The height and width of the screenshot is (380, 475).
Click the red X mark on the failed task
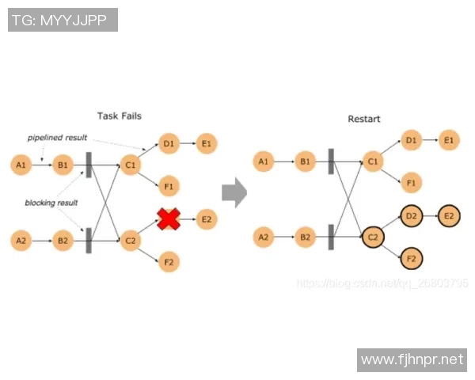pos(168,219)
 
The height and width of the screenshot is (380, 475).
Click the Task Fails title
pos(120,116)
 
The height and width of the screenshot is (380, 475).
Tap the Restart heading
pos(364,119)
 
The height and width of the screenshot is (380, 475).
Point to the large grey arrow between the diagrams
pos(234,191)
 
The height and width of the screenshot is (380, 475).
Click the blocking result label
pos(51,203)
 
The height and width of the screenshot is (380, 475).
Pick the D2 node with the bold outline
pos(411,215)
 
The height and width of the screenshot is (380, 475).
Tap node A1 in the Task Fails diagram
pos(21,165)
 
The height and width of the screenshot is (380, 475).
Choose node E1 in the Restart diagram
pos(449,140)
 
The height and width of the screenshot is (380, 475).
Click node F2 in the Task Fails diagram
pos(168,261)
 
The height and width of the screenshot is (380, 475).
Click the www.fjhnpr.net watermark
pos(412,360)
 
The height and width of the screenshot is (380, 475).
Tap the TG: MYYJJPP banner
pos(63,20)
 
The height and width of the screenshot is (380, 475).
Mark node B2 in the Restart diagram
pos(306,236)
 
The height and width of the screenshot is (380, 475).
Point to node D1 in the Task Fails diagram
pos(168,143)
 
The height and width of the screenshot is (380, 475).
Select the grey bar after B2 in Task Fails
pos(89,240)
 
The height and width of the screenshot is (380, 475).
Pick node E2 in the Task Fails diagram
pos(206,219)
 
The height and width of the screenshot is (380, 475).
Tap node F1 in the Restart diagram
pos(410,182)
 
